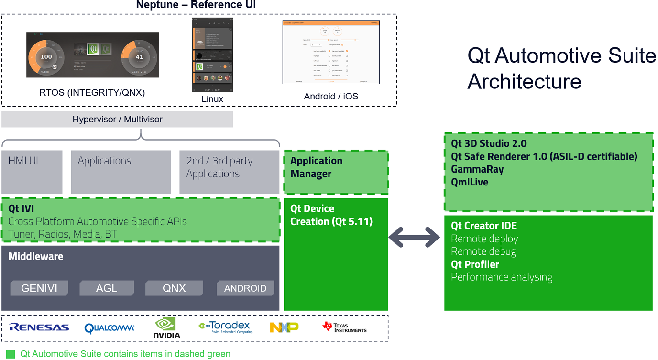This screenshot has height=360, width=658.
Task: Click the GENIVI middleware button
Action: tap(39, 288)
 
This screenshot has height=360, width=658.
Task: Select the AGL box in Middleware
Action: tap(107, 288)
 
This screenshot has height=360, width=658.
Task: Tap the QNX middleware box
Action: tap(174, 288)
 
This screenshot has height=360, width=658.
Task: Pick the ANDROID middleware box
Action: tap(245, 288)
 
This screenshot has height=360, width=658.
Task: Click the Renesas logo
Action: tap(39, 328)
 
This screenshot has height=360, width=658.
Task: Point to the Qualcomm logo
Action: tap(109, 328)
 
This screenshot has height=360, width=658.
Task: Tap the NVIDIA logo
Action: tap(166, 328)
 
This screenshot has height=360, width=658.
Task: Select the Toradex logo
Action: tap(226, 327)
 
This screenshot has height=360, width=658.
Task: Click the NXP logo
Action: tap(284, 327)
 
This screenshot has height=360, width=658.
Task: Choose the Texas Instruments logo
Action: tap(344, 327)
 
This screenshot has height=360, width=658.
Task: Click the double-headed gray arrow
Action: tap(415, 236)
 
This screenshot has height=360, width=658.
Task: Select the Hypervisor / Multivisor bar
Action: tap(117, 120)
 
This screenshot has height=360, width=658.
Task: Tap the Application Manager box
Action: tap(336, 172)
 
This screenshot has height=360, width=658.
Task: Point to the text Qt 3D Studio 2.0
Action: tap(489, 143)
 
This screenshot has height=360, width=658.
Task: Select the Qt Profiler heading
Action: tap(475, 264)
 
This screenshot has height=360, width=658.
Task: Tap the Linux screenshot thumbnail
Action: tap(212, 55)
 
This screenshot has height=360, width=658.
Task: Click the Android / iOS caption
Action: tap(331, 97)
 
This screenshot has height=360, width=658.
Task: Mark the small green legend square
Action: tap(11, 354)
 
